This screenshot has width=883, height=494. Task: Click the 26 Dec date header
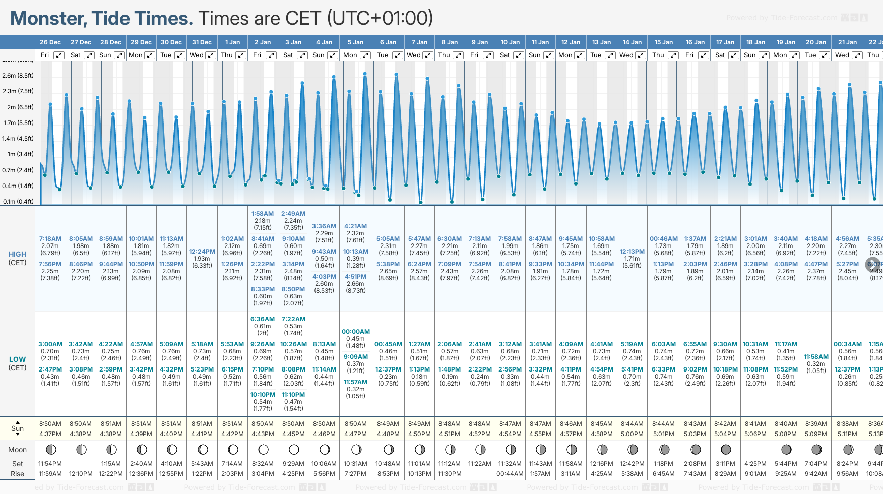50,42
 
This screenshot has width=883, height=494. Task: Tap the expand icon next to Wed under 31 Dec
211,55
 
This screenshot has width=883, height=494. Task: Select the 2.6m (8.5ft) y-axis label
18,76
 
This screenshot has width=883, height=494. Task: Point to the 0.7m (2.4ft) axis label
18,170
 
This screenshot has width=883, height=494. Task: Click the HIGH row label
17,255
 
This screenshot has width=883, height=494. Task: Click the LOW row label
17,360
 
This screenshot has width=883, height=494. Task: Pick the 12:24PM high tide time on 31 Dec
202,252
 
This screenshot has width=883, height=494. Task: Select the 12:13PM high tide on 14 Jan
632,252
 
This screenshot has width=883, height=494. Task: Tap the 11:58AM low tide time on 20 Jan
816,357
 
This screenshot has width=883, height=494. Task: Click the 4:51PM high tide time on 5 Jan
356,277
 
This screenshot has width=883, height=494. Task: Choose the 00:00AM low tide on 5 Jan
356,332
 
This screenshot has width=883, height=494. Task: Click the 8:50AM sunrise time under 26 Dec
50,424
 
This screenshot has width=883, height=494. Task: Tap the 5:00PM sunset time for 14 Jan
632,434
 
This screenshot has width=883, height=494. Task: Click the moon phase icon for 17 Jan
726,449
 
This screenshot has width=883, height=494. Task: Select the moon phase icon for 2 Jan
263,449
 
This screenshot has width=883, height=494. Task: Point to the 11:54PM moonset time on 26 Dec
50,464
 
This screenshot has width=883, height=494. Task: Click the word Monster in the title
48,19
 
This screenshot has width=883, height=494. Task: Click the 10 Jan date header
511,42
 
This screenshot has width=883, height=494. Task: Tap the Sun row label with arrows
17,428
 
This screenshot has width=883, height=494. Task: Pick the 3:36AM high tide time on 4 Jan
324,227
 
